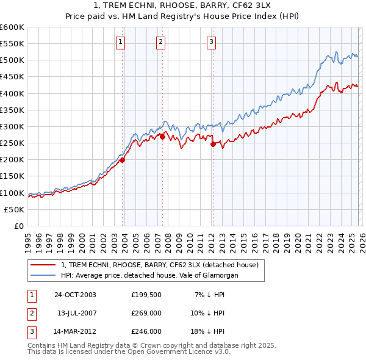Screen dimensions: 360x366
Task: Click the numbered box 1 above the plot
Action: click(121, 42)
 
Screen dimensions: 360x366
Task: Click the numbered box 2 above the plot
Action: click(160, 42)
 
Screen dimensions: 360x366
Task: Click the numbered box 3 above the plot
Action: click(211, 42)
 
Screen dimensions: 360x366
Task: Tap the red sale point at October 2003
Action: click(123, 160)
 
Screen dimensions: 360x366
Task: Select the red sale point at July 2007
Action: click(163, 137)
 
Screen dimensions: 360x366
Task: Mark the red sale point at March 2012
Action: click(213, 145)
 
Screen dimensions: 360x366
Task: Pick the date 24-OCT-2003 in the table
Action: click(75, 295)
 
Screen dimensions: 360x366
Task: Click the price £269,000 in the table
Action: click(146, 313)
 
